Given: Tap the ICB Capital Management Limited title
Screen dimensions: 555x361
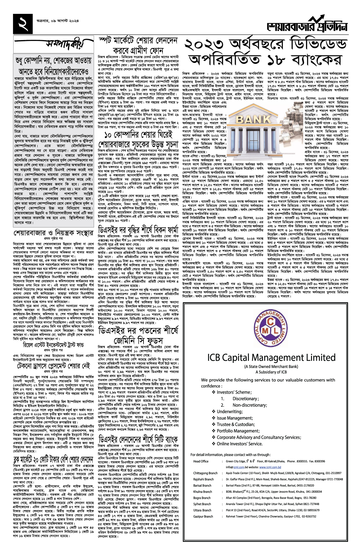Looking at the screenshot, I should pos(271,357).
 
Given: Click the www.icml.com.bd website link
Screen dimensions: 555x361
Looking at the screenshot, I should pos(270,467).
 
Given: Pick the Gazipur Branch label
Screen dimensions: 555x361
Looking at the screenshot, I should pos(203,516).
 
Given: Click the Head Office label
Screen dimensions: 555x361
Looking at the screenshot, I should pos(201,461).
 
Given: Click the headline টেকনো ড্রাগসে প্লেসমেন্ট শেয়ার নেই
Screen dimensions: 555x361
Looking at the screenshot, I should pos(54,366).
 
